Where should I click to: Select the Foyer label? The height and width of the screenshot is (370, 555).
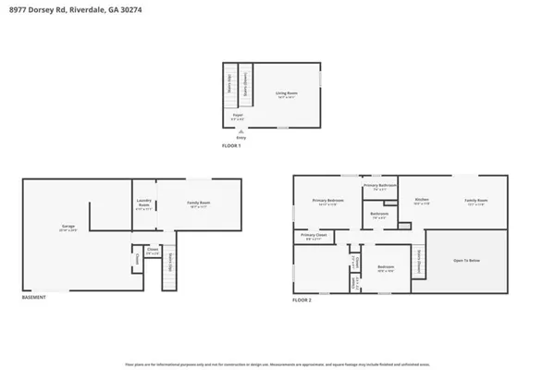point(237,116)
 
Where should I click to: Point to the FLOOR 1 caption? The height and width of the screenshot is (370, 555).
point(231,146)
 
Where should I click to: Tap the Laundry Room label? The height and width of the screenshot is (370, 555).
point(142,206)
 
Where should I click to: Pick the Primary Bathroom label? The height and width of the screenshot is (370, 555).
point(380,186)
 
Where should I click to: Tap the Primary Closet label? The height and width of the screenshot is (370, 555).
point(315,236)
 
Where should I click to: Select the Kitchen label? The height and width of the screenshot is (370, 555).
point(422,201)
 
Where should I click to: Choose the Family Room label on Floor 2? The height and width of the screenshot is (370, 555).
point(476,201)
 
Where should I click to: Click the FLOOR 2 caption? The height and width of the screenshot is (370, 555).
point(304,301)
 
